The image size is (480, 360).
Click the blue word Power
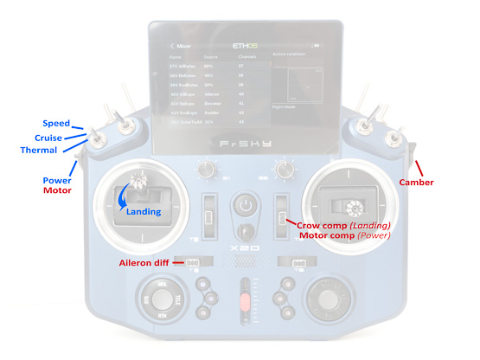pos(57,178)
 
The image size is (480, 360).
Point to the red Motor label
pos(57,190)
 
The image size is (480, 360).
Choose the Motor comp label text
pos(325,235)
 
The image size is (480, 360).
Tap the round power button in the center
pos(246,206)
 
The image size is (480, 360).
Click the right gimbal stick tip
pos(353,207)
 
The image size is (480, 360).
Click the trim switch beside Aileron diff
pos(193,262)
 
